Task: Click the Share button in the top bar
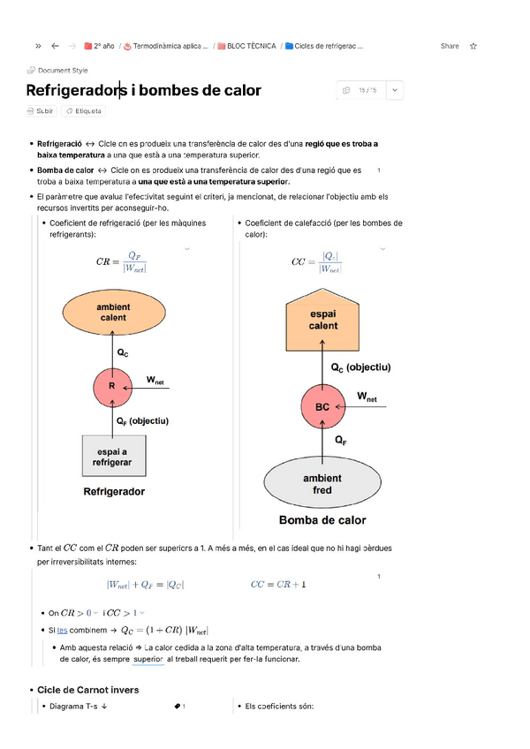tap(450, 46)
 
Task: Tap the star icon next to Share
tap(473, 46)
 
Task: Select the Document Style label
tap(62, 71)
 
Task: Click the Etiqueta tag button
tap(84, 111)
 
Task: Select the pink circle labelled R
tap(112, 386)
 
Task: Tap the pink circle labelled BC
tap(322, 407)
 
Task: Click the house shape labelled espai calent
tap(322, 321)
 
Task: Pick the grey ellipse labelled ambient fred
tap(322, 484)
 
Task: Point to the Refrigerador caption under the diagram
tap(114, 491)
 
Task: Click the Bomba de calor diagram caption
tap(322, 520)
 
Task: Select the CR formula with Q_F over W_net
tap(122, 262)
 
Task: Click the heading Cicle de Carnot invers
tap(87, 689)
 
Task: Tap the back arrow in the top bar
tap(56, 46)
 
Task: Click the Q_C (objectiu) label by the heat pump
tap(360, 367)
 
